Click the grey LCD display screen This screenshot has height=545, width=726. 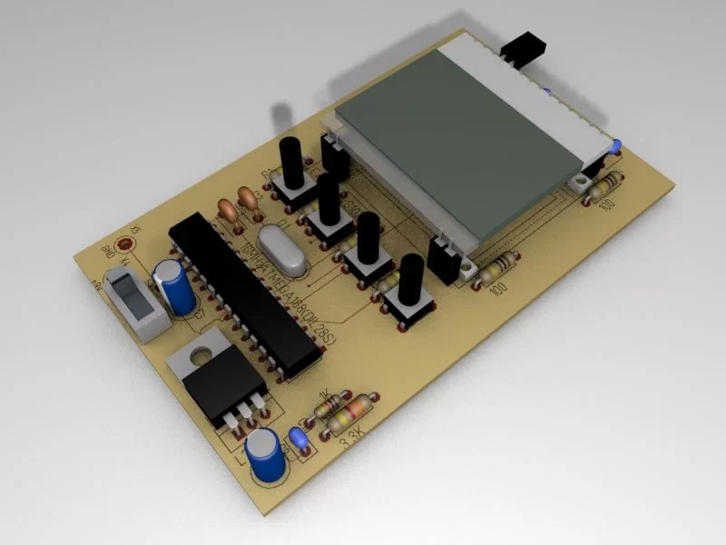(463, 150)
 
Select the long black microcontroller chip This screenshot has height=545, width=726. (245, 295)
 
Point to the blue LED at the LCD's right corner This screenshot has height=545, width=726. (615, 144)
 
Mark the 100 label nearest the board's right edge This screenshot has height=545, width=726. (607, 202)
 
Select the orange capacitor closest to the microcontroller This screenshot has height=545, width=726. (229, 211)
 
